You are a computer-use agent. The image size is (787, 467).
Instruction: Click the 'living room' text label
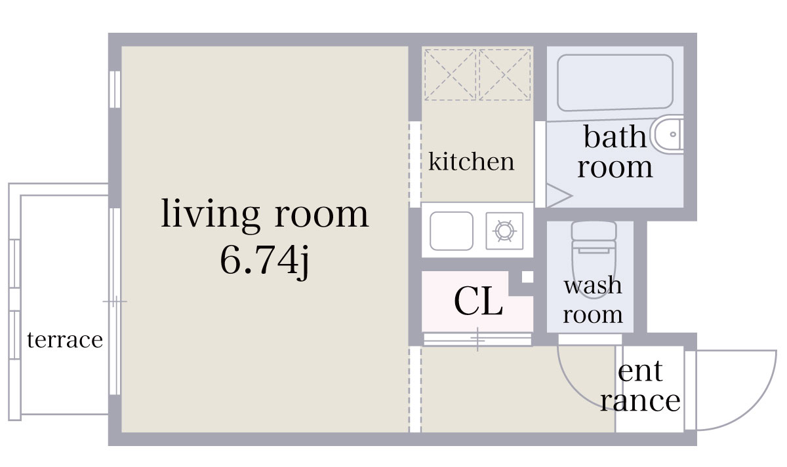(x=265, y=214)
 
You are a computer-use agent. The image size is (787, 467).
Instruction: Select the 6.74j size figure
(x=265, y=261)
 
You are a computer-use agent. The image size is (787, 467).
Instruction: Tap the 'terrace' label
(x=65, y=341)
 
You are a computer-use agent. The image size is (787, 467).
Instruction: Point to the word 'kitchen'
(x=471, y=161)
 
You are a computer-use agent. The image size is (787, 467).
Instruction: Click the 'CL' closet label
(x=478, y=302)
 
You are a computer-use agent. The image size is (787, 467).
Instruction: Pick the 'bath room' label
(x=615, y=152)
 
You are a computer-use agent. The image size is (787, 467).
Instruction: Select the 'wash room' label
(x=593, y=300)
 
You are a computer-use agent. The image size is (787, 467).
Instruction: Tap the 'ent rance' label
(x=640, y=386)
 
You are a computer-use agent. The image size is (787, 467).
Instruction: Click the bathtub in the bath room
(x=615, y=83)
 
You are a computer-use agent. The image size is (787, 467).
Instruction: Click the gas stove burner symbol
(x=504, y=231)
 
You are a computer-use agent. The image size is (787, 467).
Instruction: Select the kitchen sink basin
(x=451, y=231)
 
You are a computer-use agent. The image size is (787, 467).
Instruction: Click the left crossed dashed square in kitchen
(x=450, y=74)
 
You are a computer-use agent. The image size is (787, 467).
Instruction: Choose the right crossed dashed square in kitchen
(x=504, y=74)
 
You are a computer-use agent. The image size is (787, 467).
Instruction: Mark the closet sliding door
(x=477, y=339)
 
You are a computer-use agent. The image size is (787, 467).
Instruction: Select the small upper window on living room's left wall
(x=115, y=89)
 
